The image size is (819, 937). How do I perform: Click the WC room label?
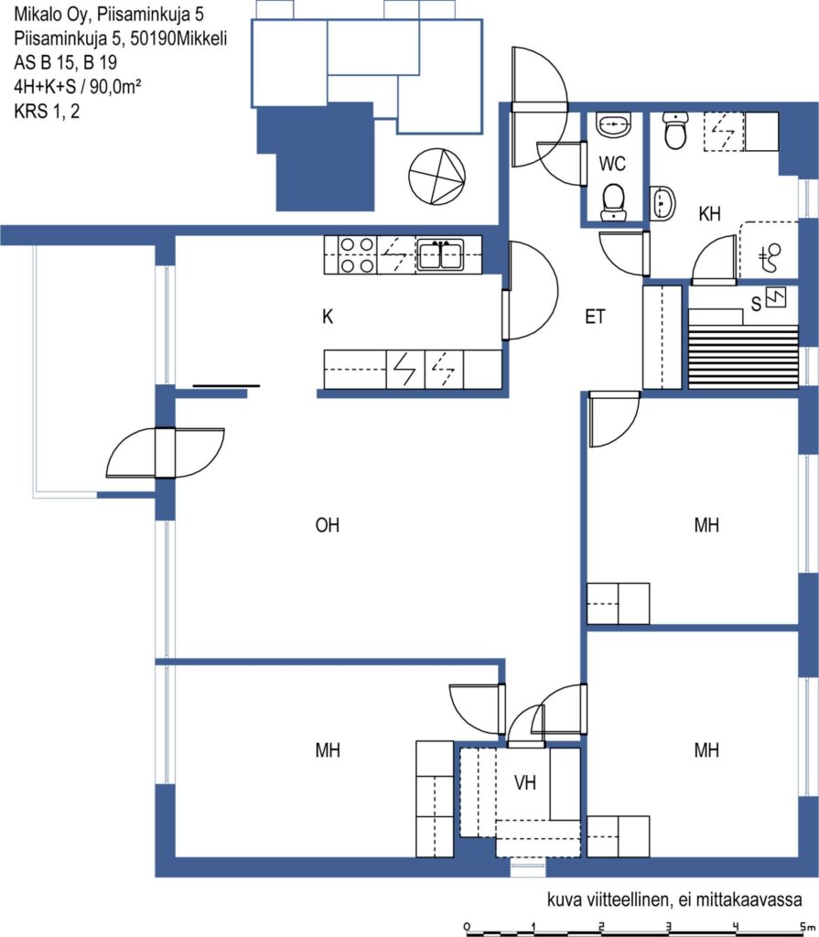(611, 163)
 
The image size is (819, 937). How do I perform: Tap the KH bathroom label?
(709, 213)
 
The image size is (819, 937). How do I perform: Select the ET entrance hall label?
(595, 316)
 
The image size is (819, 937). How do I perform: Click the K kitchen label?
(328, 316)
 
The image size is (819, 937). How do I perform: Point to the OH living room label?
(327, 524)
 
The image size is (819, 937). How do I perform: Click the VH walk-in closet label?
(525, 782)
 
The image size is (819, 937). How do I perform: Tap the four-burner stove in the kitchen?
(358, 254)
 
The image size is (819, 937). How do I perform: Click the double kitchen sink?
(440, 255)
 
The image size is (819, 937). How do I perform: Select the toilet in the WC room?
(613, 202)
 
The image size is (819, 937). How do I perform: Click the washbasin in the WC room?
(613, 124)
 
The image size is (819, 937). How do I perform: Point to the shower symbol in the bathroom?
(771, 257)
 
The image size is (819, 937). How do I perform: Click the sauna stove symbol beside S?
(776, 297)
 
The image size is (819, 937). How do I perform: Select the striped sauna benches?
(743, 357)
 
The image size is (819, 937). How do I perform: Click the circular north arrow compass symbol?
(437, 177)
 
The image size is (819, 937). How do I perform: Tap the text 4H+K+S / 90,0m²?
(77, 87)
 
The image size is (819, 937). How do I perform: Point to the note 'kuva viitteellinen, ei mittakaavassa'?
(674, 899)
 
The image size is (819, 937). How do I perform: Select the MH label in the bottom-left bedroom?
(328, 749)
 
